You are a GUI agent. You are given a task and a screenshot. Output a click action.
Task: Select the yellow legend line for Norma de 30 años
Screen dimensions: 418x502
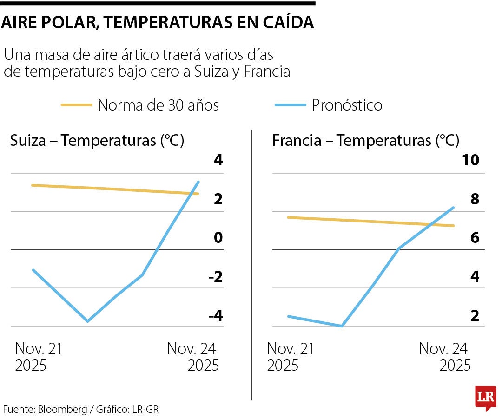(77, 105)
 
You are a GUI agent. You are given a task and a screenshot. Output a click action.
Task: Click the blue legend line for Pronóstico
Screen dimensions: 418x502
(291, 105)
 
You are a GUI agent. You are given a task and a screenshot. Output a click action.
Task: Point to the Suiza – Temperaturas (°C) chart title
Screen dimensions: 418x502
(97, 140)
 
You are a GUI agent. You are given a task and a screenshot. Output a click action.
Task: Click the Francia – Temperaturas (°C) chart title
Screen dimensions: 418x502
(365, 140)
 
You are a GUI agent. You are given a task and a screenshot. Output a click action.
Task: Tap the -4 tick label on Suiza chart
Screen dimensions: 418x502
(215, 316)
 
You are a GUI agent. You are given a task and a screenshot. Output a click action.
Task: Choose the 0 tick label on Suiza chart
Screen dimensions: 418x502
(218, 238)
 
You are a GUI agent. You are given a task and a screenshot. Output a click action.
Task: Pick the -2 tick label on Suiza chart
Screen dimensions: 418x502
(215, 277)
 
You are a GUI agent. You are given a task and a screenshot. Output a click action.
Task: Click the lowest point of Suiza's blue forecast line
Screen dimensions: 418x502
(87, 321)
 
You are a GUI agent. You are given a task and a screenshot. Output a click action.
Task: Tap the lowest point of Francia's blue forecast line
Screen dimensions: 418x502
(342, 326)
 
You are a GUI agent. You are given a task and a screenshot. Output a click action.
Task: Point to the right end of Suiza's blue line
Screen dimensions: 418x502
(198, 182)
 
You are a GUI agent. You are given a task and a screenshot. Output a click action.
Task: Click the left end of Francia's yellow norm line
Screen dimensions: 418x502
(288, 217)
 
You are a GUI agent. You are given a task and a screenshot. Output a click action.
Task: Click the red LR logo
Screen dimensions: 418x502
(485, 398)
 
